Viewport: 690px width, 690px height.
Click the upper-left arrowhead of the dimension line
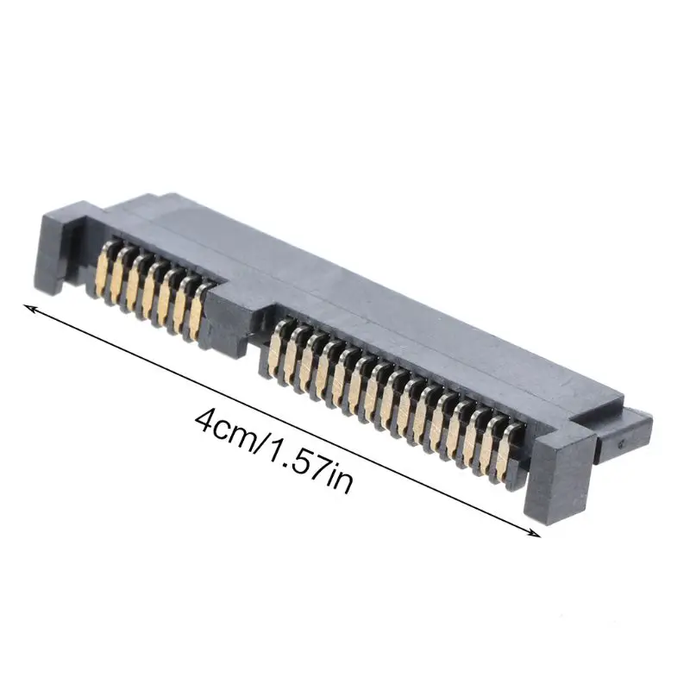pyautogui.click(x=28, y=307)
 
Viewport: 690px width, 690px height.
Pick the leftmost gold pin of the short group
pyautogui.click(x=105, y=271)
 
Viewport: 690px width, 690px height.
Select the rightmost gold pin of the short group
pyautogui.click(x=198, y=311)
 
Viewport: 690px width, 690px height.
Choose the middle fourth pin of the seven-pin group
pyautogui.click(x=150, y=291)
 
